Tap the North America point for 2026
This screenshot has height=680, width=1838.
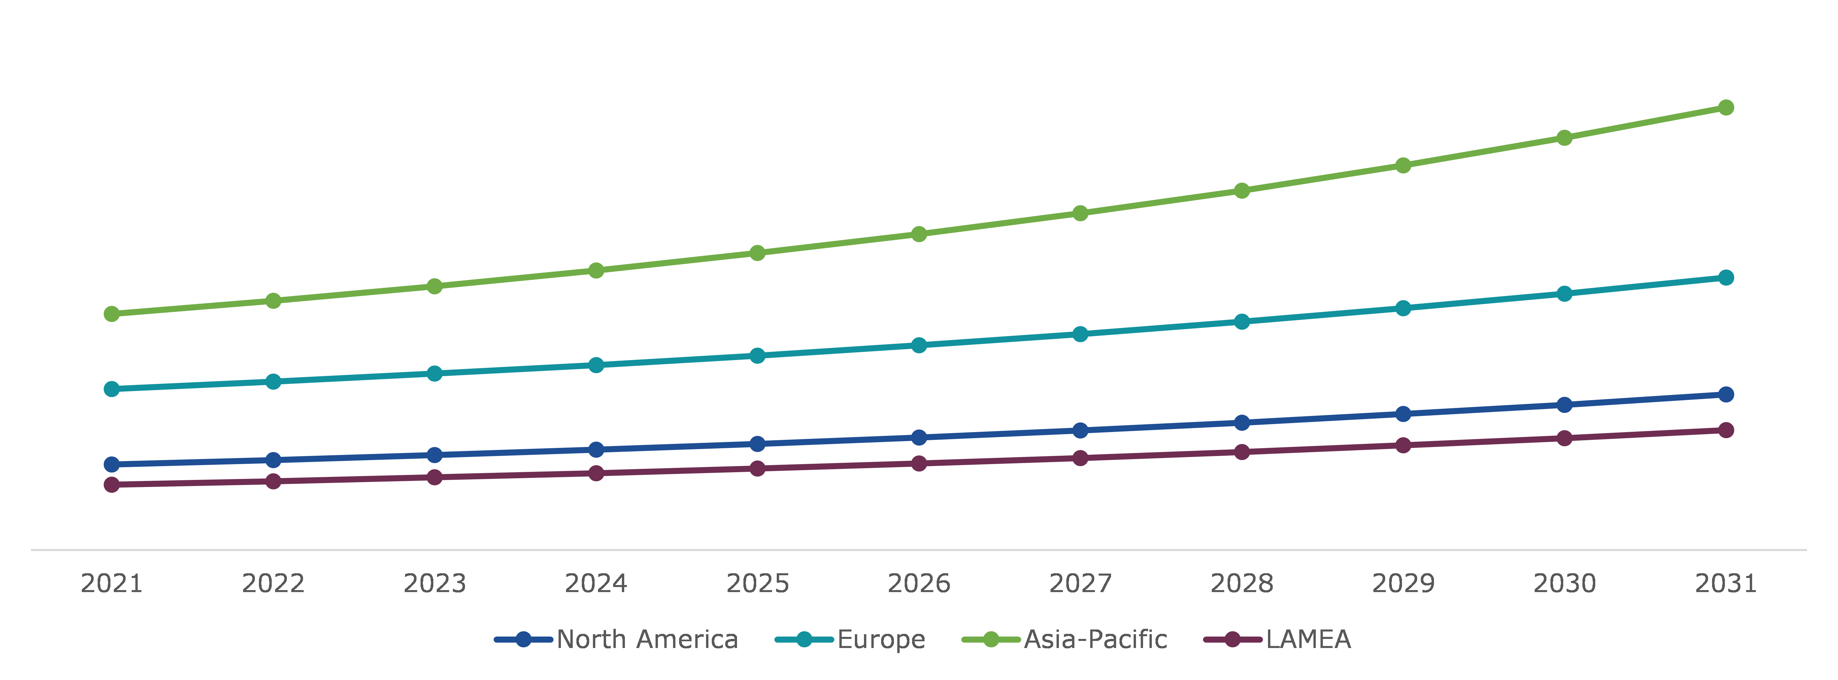click(x=919, y=438)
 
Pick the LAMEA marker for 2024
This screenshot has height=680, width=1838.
click(x=596, y=473)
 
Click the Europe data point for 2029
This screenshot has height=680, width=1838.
click(x=1403, y=308)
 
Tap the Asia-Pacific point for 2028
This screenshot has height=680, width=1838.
click(x=1241, y=191)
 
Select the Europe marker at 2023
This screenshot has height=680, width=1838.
click(x=435, y=373)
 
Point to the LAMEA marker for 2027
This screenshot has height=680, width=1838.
click(x=1080, y=458)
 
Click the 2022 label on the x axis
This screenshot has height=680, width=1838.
click(x=273, y=584)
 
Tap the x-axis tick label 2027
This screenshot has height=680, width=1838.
click(x=1080, y=584)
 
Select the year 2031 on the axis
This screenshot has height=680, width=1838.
click(x=1725, y=584)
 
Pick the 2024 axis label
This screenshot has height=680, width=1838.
click(x=596, y=584)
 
